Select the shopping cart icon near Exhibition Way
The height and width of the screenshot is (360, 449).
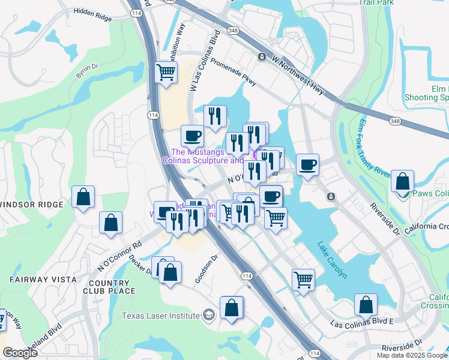pos(166,73)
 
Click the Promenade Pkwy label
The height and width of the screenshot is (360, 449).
pos(234,70)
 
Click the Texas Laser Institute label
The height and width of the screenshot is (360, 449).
pos(161,316)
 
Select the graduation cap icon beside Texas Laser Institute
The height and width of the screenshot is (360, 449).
pos(208,315)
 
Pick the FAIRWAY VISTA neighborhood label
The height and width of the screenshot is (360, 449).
pos(43,280)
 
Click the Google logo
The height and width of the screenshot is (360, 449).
pos(20,353)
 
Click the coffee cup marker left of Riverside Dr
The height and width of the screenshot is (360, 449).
pos(307,164)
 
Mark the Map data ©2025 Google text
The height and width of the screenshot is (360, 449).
pos(411,355)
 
